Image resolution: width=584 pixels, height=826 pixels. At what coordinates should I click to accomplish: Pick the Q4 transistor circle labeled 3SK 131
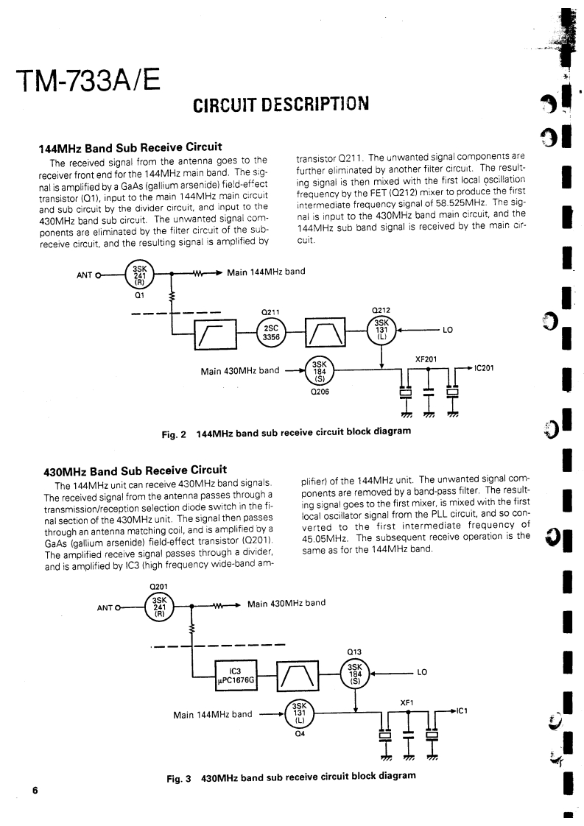[x=299, y=713]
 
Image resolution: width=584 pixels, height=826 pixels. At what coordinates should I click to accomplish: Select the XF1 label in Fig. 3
[x=406, y=702]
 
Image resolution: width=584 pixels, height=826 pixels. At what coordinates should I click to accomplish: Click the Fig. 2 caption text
[x=286, y=431]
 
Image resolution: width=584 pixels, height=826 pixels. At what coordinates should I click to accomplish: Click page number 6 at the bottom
[x=34, y=791]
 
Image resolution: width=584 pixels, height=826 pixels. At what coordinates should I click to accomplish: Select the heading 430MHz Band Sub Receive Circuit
[x=135, y=469]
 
